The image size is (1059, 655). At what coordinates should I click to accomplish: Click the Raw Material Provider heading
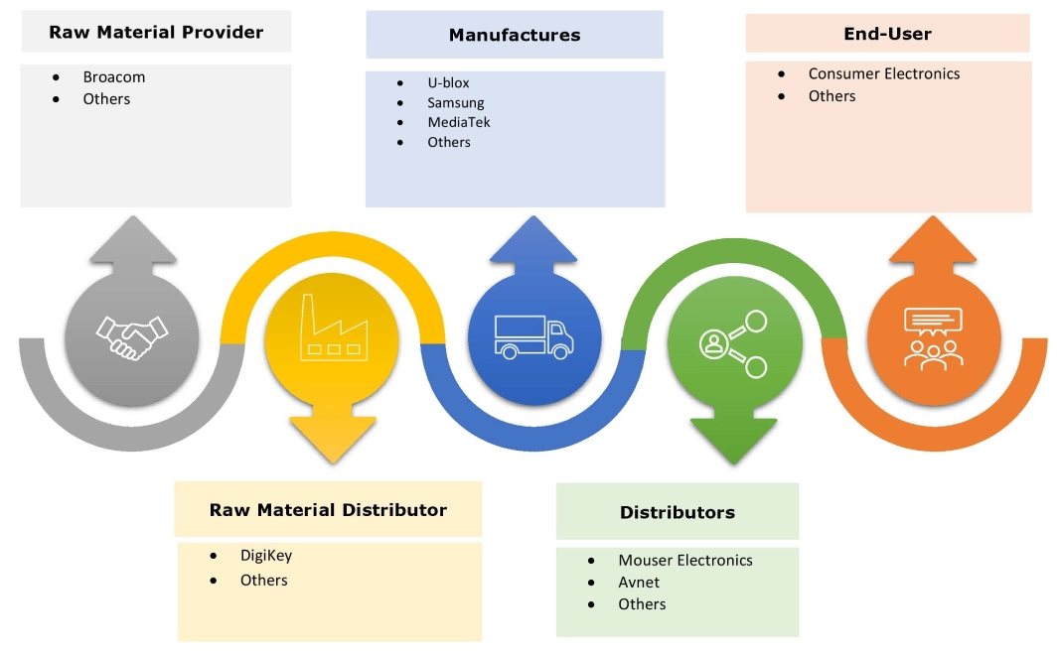(x=156, y=33)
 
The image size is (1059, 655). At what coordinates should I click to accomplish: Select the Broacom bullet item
(x=113, y=76)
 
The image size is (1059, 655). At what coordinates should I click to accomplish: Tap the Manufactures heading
(x=514, y=35)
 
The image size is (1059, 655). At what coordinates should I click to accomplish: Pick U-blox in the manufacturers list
(x=448, y=82)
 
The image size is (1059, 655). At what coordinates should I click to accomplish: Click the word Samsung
(x=456, y=102)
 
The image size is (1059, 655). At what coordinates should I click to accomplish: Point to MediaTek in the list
(x=459, y=122)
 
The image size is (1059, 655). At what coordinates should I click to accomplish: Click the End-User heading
(x=887, y=34)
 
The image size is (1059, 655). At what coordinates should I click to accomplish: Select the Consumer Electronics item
(x=883, y=73)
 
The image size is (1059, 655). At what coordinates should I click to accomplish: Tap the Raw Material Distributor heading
(x=328, y=510)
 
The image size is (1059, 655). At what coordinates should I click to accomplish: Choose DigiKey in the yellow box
(x=265, y=556)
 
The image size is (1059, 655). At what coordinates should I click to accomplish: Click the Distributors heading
(x=677, y=512)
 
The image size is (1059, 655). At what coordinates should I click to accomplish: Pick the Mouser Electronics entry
(x=684, y=561)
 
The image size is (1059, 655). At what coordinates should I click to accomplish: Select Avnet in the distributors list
(x=638, y=583)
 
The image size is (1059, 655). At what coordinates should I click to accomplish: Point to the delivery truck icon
(x=533, y=336)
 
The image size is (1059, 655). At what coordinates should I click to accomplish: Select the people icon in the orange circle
(x=934, y=338)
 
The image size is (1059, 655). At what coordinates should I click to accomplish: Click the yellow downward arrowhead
(x=333, y=439)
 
